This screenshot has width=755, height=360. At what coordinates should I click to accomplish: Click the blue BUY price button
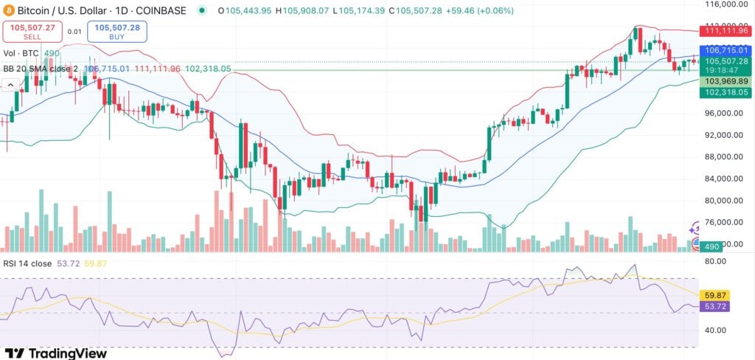(118, 32)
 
